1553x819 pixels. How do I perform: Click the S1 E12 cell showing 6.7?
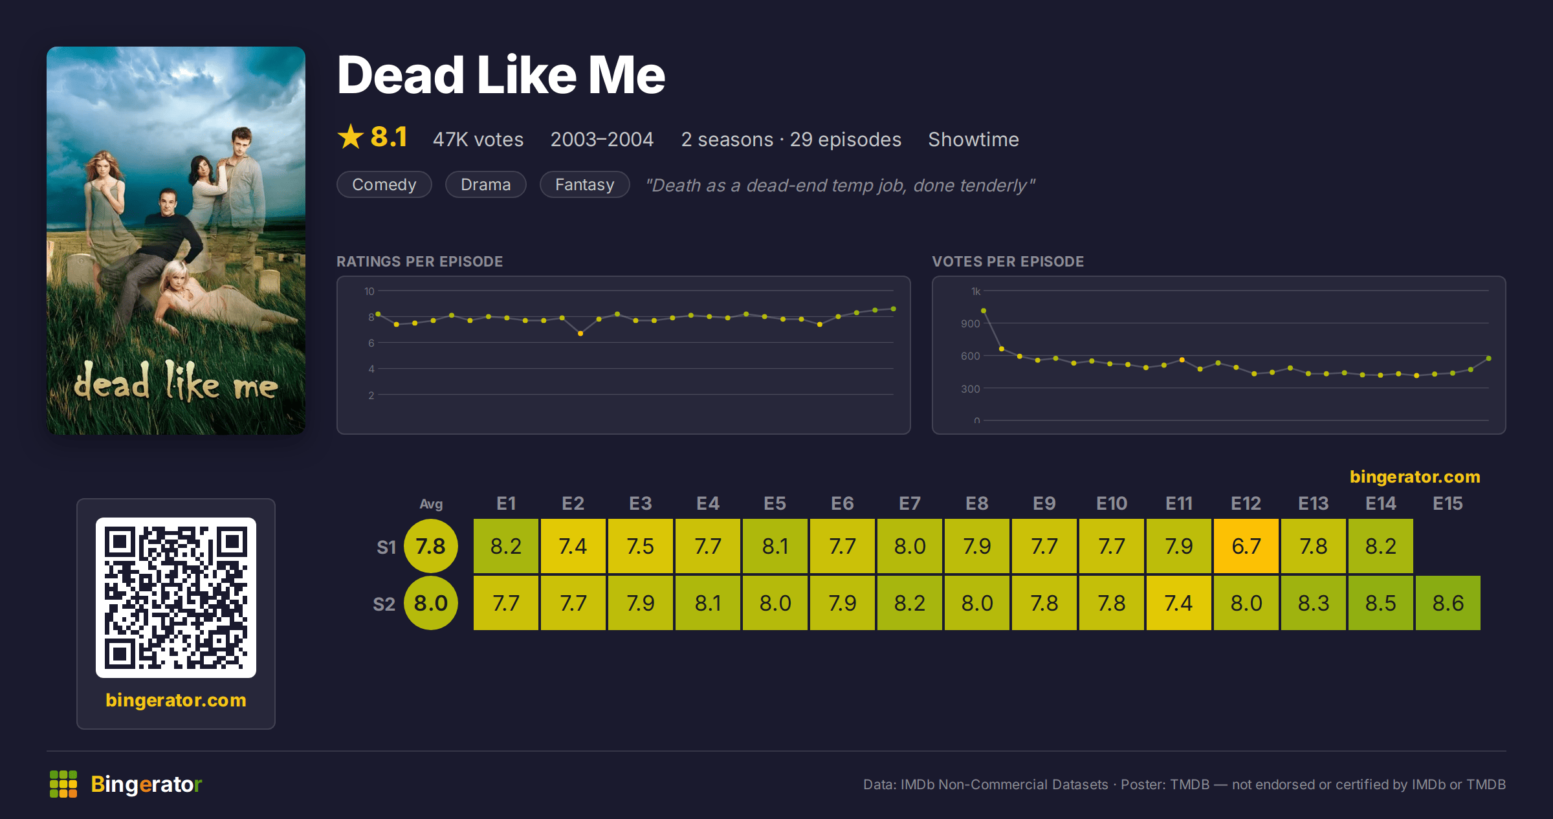[1246, 546]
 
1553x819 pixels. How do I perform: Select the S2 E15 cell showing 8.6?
[1448, 603]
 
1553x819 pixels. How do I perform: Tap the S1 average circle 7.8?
[431, 546]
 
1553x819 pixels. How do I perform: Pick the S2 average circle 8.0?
[431, 603]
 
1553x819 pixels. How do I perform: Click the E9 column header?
[1044, 503]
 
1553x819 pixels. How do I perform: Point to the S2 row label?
[384, 604]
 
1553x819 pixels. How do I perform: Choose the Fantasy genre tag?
[585, 184]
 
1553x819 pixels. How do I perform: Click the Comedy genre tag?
[384, 184]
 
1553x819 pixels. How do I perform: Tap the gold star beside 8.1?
[351, 136]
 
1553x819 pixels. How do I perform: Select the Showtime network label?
[973, 139]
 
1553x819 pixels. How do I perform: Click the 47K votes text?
[478, 139]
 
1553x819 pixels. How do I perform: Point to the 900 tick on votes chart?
[970, 323]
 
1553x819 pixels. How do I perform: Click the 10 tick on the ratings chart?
[369, 291]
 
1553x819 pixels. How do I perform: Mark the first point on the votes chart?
[984, 311]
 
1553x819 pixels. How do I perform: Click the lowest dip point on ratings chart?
[580, 334]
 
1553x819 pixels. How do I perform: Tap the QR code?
[176, 598]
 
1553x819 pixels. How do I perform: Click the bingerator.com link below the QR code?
[176, 700]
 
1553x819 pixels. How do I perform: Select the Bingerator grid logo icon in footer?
[63, 784]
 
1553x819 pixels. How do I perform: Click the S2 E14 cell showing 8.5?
[1381, 603]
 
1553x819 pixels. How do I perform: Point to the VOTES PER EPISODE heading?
[1008, 261]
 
